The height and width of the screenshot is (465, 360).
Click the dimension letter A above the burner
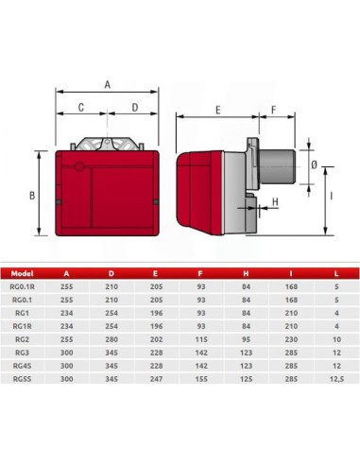[x=107, y=84]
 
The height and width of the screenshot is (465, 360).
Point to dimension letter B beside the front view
[x=32, y=196]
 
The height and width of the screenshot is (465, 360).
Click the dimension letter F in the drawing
[x=275, y=111]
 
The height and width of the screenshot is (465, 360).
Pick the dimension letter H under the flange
[x=275, y=202]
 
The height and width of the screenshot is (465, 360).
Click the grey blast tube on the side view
[x=282, y=165]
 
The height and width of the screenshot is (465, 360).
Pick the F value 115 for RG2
[x=200, y=336]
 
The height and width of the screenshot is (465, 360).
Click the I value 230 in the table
[x=291, y=336]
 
